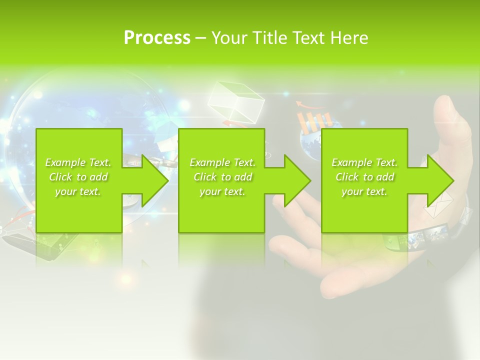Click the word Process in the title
click(157, 38)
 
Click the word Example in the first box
click(65, 162)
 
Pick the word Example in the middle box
click(209, 162)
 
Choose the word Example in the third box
click(351, 162)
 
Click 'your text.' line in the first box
click(77, 191)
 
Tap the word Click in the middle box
click(205, 177)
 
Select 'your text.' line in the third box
click(364, 191)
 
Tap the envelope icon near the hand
click(438, 205)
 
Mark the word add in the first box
click(99, 177)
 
